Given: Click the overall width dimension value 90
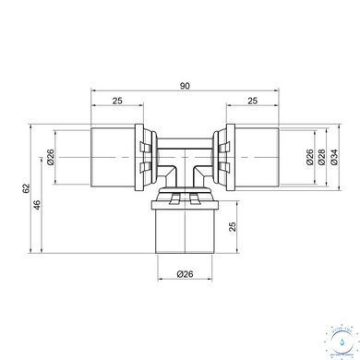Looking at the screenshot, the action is (x=185, y=86).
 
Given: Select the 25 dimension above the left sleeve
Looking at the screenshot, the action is (x=117, y=101).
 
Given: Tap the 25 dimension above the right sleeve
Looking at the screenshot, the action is (x=252, y=101).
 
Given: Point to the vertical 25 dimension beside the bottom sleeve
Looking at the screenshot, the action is (x=233, y=227).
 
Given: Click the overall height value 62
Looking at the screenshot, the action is (x=26, y=188).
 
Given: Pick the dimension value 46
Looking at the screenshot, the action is (x=37, y=205).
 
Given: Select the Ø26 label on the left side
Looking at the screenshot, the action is (x=51, y=157).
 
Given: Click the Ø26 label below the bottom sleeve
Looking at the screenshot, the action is (x=185, y=273).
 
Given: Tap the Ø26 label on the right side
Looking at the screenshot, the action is (x=309, y=157).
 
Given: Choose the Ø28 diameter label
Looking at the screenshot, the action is (x=321, y=157).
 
